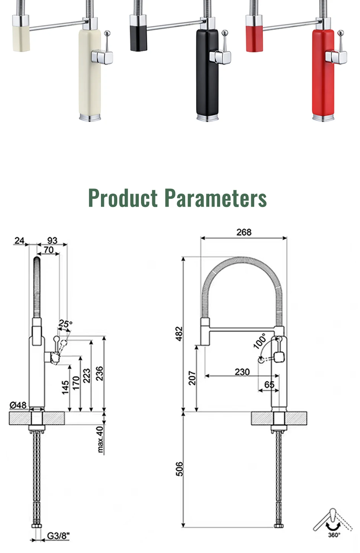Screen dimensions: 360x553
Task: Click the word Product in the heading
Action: click(122, 198)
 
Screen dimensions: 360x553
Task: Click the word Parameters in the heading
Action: click(216, 198)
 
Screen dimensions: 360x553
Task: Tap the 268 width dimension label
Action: click(244, 232)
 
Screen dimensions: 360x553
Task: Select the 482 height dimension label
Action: click(179, 334)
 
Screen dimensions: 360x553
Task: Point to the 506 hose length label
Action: click(179, 469)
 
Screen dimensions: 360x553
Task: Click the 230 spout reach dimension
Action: click(242, 372)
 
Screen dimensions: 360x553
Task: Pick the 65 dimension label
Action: click(269, 385)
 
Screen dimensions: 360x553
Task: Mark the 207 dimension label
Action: click(192, 378)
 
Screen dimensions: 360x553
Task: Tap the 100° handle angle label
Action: click(260, 341)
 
